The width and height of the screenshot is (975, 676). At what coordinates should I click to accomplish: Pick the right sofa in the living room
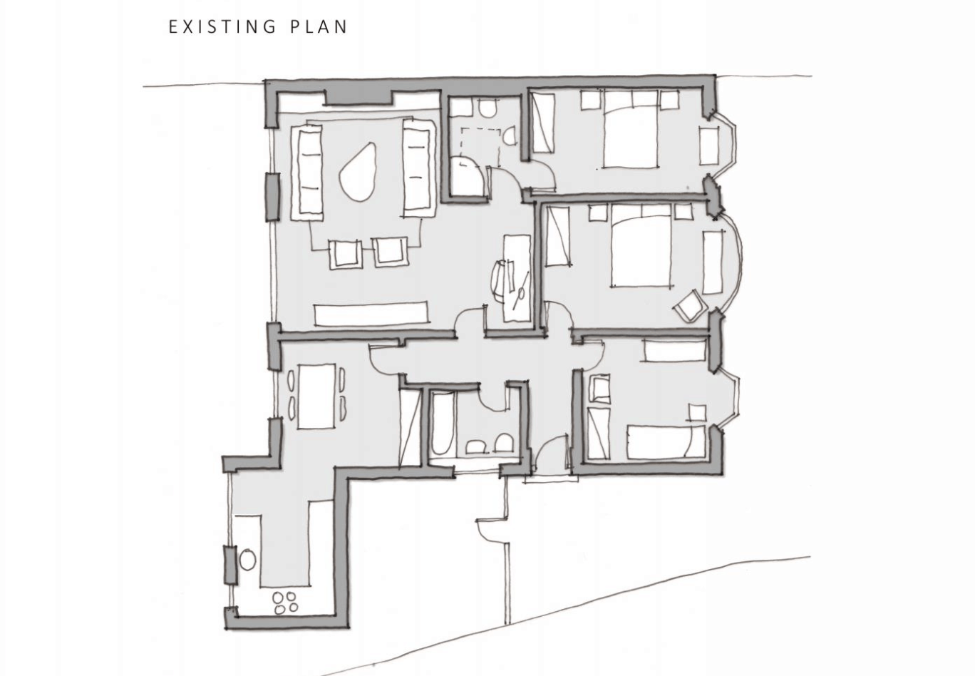pos(418,167)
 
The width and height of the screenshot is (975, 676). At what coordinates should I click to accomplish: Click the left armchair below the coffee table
pos(346,254)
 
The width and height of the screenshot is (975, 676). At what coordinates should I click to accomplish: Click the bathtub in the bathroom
pos(442,422)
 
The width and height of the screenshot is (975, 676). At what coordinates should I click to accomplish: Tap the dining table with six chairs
pos(316,396)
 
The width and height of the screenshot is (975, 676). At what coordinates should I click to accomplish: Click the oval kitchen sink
pos(247,560)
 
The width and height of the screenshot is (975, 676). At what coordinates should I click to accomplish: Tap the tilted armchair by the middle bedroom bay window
pos(690,305)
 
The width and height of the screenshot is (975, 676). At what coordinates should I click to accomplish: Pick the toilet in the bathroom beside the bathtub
pos(504,444)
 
